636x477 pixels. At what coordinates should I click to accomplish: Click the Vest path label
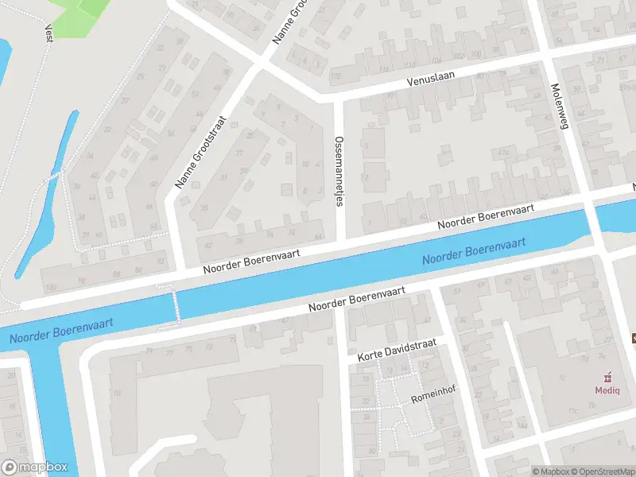point(48,32)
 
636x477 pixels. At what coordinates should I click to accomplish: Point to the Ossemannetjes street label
point(339,170)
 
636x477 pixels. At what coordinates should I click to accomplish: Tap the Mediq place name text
point(609,390)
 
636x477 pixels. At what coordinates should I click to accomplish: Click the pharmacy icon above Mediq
point(609,376)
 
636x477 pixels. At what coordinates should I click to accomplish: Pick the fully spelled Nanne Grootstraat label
point(201,152)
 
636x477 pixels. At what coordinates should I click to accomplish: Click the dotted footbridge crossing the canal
point(169,306)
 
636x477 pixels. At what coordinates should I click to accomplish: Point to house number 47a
point(502,151)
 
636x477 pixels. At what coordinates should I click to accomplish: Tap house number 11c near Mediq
point(572,411)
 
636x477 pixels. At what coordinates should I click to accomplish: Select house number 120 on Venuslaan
point(336,76)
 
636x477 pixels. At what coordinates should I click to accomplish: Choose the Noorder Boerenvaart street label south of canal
point(357,299)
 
